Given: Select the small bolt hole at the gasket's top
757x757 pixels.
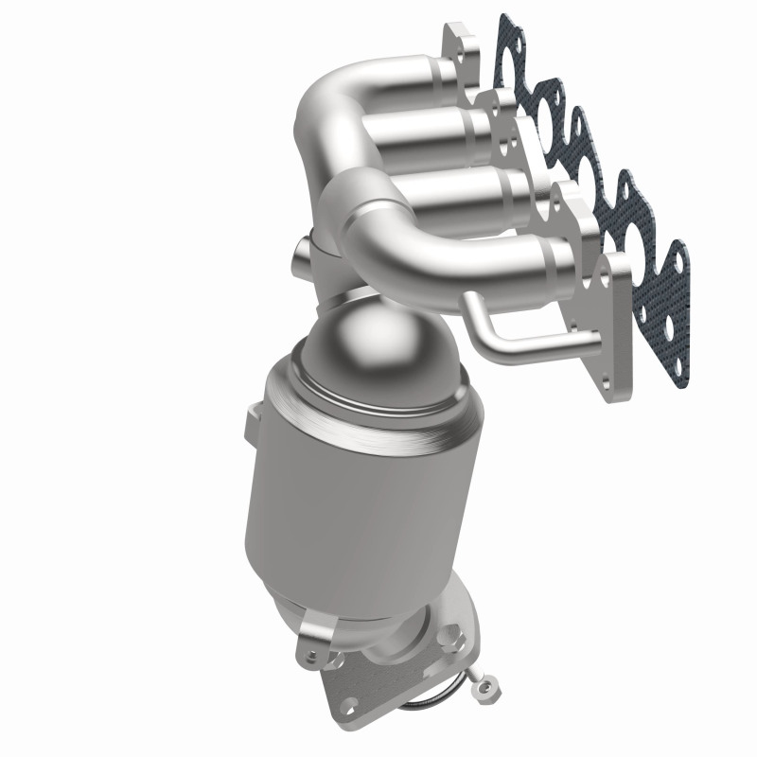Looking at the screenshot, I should point(507,26).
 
